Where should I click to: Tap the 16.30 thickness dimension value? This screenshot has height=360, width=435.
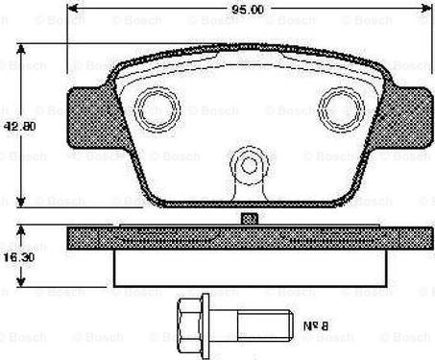(x=15, y=257)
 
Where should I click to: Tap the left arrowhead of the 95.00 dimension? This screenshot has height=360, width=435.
(x=73, y=12)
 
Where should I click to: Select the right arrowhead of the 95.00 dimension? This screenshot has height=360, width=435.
(x=423, y=12)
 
